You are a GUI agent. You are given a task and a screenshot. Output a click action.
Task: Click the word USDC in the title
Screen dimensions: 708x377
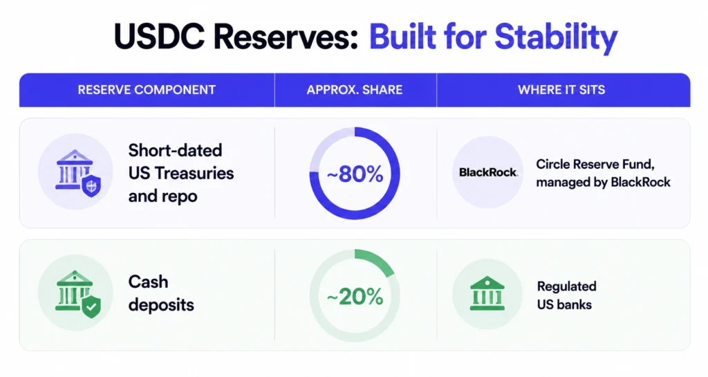[159, 37]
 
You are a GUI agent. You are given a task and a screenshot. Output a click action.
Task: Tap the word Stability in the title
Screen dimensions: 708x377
[556, 38]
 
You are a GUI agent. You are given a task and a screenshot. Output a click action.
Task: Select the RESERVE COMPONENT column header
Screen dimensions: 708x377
[147, 90]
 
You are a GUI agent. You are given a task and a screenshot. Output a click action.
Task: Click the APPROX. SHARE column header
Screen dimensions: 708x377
[355, 90]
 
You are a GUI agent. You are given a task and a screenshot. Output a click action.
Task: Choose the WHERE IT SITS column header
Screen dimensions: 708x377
[561, 90]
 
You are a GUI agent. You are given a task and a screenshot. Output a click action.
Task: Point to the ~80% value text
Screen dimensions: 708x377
[355, 174]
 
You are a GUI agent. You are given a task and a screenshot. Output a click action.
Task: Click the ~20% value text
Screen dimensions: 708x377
[355, 297]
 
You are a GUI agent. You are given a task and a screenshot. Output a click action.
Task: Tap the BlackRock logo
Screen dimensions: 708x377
[488, 172]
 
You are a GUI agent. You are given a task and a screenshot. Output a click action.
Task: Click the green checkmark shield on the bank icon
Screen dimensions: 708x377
[91, 307]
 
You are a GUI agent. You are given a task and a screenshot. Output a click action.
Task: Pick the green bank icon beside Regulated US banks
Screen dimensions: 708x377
[487, 293]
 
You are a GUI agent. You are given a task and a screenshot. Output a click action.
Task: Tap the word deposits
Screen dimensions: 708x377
[161, 305]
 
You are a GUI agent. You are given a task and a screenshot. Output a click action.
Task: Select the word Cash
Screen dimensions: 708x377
[148, 282]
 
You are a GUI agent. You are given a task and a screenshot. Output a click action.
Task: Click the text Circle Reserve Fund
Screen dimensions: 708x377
[595, 164]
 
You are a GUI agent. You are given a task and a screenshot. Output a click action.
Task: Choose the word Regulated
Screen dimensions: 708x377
[567, 286]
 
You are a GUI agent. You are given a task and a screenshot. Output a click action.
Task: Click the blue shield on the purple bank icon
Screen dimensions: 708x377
[91, 186]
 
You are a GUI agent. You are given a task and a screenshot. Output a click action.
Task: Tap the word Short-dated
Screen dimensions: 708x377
[175, 150]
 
